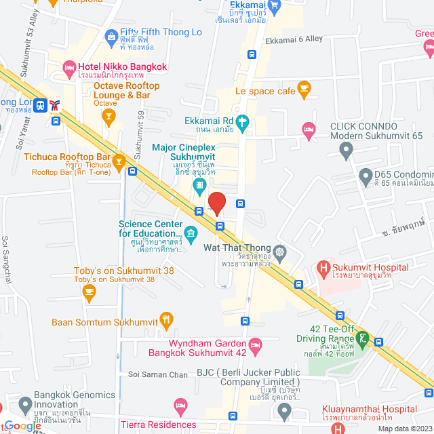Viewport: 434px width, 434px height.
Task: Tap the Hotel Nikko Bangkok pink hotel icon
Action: coord(68,66)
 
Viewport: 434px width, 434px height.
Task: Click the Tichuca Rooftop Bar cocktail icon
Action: coord(119,161)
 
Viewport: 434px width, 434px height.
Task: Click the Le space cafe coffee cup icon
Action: coord(304,87)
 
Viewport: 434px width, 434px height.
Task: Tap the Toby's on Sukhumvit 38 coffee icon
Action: coord(89,291)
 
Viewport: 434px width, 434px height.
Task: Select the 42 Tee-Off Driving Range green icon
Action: coord(363,337)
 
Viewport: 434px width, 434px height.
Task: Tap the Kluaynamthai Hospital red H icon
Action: coord(326,412)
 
